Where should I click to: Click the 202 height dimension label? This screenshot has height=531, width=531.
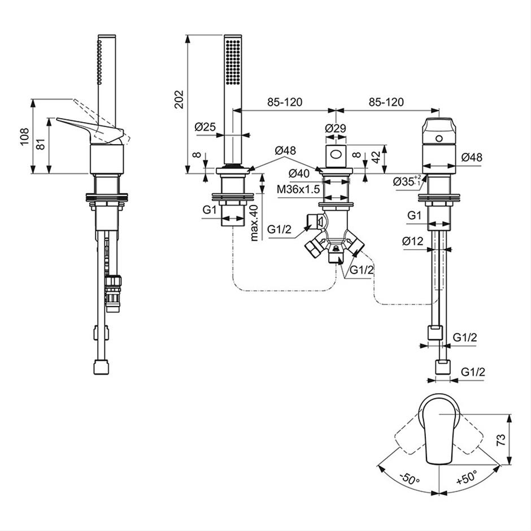(179, 99)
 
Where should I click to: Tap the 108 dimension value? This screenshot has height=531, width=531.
(24, 137)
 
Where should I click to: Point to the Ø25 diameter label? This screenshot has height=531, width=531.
(205, 127)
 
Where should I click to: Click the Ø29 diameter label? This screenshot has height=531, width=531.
(336, 128)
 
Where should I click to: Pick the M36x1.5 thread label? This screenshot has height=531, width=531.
(298, 189)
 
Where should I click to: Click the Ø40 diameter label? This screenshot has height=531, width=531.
(299, 174)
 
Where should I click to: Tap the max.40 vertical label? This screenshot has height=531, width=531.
(255, 223)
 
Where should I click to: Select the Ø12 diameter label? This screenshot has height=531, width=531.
(413, 241)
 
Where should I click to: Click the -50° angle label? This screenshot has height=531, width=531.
(410, 478)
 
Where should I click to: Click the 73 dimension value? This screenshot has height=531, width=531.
(501, 439)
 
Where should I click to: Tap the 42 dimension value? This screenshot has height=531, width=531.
(376, 157)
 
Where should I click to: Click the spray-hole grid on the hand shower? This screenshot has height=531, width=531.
(233, 62)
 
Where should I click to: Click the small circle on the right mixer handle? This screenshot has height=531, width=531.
(439, 138)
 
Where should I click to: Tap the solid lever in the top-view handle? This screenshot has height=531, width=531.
(439, 430)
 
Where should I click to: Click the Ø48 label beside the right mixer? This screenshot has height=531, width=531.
(471, 157)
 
